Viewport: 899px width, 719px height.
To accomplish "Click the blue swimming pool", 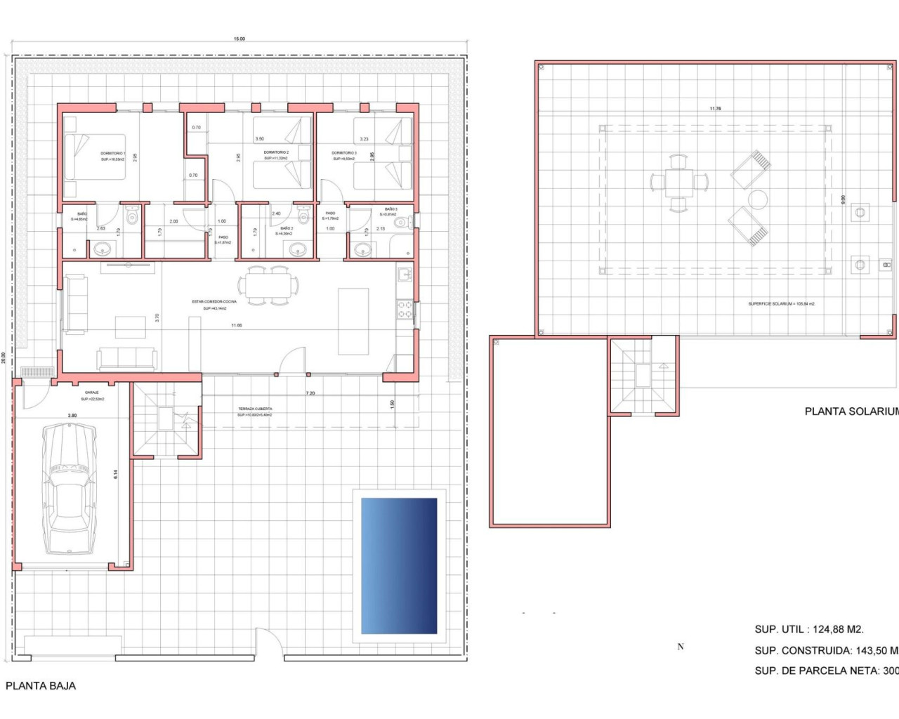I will click(x=399, y=566).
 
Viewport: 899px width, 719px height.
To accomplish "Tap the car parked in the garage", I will click(x=68, y=489).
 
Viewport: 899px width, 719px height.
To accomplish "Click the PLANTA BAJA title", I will click(x=41, y=686).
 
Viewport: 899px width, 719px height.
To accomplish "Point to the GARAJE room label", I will click(x=92, y=393).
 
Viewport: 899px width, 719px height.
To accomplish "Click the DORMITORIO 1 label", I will click(x=112, y=153).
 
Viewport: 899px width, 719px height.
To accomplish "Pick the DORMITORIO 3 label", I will click(x=344, y=153).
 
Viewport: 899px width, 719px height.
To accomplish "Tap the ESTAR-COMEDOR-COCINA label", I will click(x=214, y=302).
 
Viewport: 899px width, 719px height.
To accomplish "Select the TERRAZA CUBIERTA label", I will click(x=255, y=409).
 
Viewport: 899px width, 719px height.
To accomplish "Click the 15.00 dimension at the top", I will click(x=239, y=39).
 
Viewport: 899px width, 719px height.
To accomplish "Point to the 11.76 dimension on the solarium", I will click(x=715, y=109).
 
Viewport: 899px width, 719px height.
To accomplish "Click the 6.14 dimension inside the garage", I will click(x=116, y=475).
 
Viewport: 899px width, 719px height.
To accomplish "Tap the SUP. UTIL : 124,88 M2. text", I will click(x=809, y=629).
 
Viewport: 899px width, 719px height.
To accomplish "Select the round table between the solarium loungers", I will click(x=757, y=199).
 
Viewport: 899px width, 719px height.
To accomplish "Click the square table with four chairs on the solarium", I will click(x=678, y=183).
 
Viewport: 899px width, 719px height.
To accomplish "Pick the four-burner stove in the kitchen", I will click(x=405, y=310).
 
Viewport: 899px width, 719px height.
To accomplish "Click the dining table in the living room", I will click(x=268, y=286).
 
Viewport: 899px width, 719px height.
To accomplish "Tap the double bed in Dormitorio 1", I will click(x=95, y=157).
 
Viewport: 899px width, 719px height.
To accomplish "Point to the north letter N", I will click(x=681, y=647).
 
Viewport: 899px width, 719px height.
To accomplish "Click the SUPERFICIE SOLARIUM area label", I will click(x=781, y=304).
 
